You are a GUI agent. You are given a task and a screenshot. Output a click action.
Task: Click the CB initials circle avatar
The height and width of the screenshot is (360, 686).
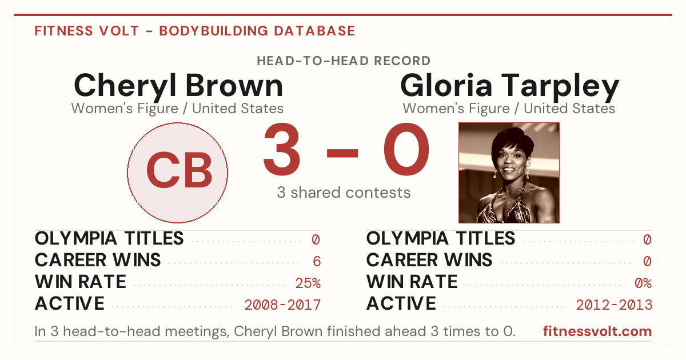(177, 173)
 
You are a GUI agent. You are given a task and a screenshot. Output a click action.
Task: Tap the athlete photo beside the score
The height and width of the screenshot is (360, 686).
(509, 173)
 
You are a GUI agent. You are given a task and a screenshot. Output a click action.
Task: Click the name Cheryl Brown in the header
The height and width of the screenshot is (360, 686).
(178, 86)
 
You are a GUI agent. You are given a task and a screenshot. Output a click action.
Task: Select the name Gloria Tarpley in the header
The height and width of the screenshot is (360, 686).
(509, 86)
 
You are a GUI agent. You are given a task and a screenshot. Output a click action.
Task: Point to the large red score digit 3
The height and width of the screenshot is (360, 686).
(281, 149)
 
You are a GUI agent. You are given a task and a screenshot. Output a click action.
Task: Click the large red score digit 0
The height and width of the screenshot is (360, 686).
(406, 149)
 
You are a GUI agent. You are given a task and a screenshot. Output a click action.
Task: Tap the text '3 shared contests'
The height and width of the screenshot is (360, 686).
(344, 193)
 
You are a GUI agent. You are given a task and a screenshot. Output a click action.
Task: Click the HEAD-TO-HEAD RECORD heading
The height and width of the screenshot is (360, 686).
(344, 61)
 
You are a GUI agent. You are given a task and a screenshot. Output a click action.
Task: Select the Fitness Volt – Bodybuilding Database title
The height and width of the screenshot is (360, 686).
(195, 31)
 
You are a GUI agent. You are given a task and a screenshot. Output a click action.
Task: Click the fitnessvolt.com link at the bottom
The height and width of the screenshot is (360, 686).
(597, 331)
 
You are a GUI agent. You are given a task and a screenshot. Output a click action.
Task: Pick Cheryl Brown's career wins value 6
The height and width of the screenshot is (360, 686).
(317, 261)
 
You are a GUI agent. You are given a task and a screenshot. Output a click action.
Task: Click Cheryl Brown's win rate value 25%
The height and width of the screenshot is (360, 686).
(308, 283)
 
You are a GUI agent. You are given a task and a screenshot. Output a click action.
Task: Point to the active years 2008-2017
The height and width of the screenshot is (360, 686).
(282, 305)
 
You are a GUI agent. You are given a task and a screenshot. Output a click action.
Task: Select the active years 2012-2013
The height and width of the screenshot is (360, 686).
(614, 305)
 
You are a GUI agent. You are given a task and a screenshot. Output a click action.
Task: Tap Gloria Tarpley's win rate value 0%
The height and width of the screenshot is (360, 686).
(643, 283)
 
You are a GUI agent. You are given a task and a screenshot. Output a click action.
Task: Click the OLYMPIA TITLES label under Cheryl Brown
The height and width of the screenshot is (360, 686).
(109, 238)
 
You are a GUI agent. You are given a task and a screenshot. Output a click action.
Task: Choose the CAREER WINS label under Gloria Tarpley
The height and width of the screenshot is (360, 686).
(429, 260)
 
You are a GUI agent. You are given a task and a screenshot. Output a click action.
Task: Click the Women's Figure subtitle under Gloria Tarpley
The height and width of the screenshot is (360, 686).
(509, 109)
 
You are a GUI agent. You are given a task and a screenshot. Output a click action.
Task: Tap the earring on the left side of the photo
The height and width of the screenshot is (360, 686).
(495, 175)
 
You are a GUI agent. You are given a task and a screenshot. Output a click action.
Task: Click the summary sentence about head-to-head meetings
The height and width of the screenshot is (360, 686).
(275, 331)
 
